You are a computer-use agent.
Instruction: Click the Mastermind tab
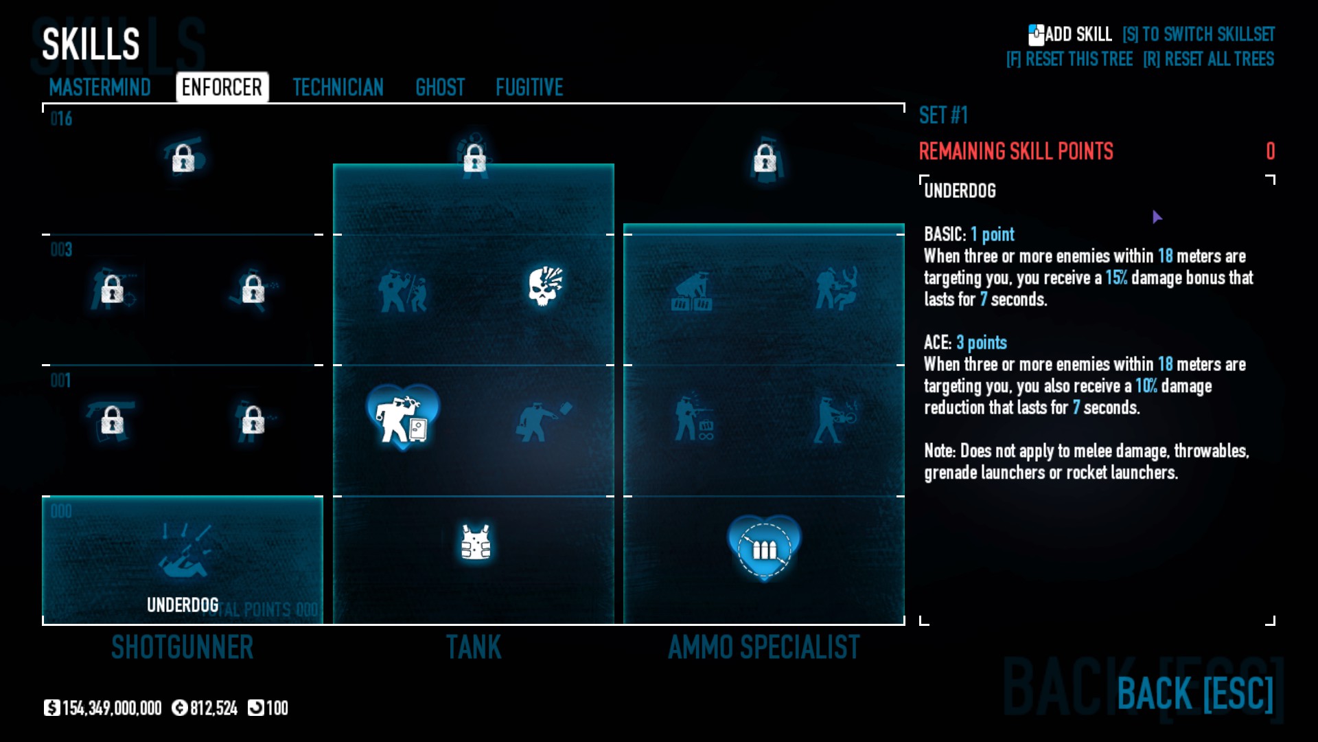[100, 87]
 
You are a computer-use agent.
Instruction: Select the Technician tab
[338, 87]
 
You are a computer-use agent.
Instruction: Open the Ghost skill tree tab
[440, 87]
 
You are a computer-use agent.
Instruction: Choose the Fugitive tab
[529, 87]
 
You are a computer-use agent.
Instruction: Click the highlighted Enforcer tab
[222, 87]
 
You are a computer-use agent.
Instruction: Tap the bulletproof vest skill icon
[476, 543]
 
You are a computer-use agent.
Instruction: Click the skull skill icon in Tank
[545, 286]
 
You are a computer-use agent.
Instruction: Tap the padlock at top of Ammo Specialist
[765, 159]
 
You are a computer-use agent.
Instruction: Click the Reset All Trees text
[1208, 59]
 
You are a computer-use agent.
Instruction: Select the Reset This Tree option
[1070, 59]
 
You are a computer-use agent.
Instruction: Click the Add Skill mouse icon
[1036, 34]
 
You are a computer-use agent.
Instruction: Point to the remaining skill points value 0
[1270, 151]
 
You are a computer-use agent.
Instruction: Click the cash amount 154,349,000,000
[111, 708]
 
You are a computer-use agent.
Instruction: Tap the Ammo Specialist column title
[763, 647]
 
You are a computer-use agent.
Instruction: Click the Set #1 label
[943, 115]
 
